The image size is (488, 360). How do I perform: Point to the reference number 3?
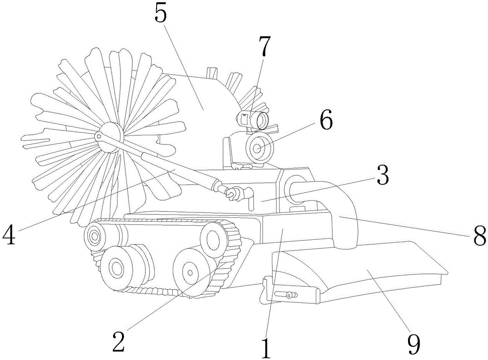click(x=383, y=177)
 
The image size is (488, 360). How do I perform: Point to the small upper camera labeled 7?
click(x=253, y=119)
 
